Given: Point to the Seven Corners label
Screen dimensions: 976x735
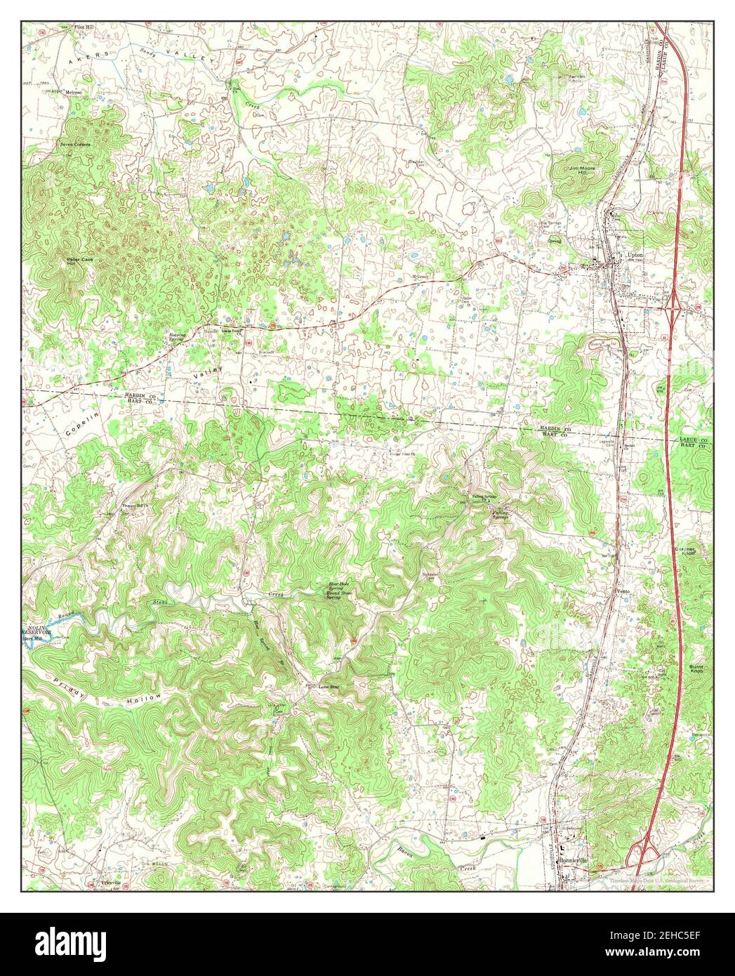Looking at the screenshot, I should (75, 144).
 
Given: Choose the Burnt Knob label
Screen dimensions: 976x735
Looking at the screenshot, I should (696, 668).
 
